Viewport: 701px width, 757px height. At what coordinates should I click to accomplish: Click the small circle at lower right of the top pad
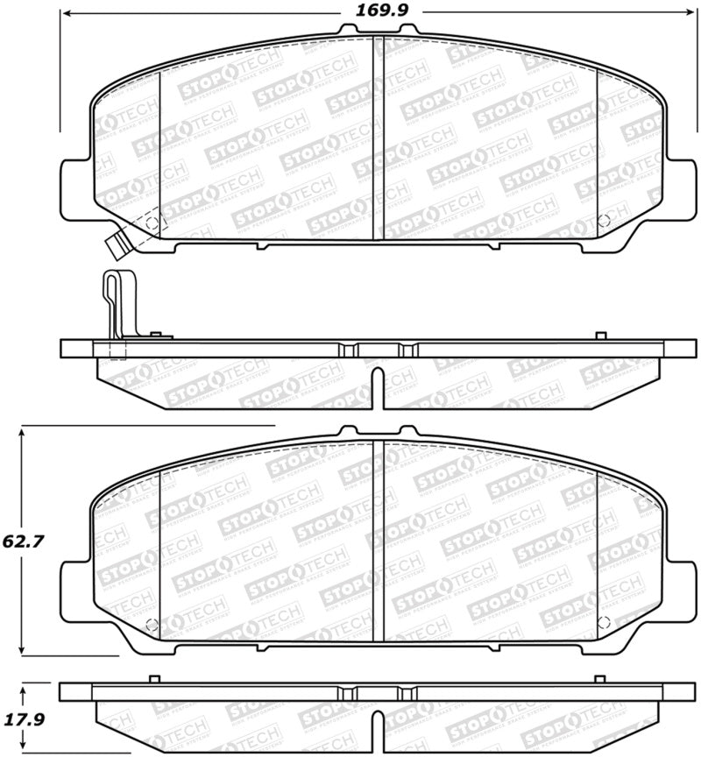click(x=603, y=220)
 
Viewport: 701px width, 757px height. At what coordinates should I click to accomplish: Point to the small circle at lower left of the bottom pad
click(x=151, y=625)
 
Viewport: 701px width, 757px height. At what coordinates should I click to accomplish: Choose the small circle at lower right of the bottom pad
click(x=603, y=623)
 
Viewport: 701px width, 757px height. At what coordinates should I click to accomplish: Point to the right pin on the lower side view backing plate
click(x=599, y=679)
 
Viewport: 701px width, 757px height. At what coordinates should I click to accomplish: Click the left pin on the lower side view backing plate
click(x=154, y=679)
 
